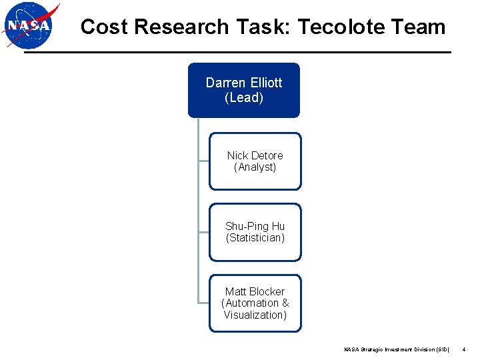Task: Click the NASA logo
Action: pyautogui.click(x=30, y=25)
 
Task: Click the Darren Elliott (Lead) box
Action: pyautogui.click(x=244, y=90)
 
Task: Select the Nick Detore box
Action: pyautogui.click(x=255, y=161)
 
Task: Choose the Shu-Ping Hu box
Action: pyautogui.click(x=255, y=232)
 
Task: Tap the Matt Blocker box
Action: pyautogui.click(x=255, y=303)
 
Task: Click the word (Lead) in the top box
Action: pyautogui.click(x=244, y=98)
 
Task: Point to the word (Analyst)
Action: pyautogui.click(x=255, y=167)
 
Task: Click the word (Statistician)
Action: pyautogui.click(x=255, y=238)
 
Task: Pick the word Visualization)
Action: pyautogui.click(x=255, y=315)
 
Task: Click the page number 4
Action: pyautogui.click(x=463, y=349)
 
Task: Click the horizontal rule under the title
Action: pyautogui.click(x=237, y=53)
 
